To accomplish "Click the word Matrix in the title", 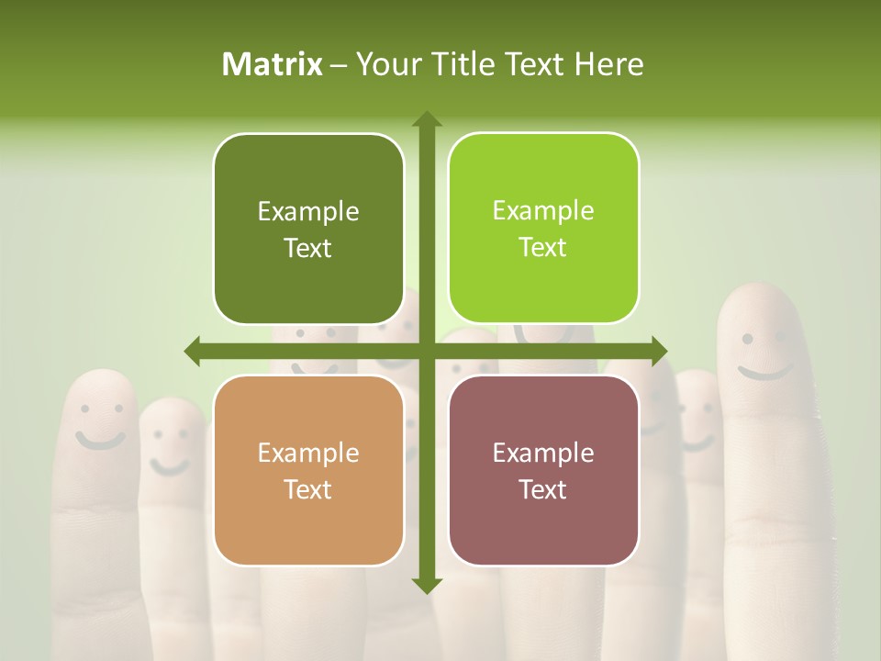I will [x=273, y=64].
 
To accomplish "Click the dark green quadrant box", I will [x=308, y=229].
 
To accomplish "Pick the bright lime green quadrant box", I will [x=543, y=229].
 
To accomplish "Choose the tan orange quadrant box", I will [x=308, y=470].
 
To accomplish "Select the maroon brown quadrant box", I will [x=543, y=470].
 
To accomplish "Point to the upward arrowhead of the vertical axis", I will [x=426, y=118].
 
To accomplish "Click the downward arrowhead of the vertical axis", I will [x=426, y=585].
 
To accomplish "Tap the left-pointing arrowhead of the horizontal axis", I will [x=192, y=351].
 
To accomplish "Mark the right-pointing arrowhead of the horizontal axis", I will [x=660, y=351].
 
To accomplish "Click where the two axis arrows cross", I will [x=426, y=351].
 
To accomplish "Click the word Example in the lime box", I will [x=543, y=211].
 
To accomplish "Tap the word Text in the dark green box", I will [x=308, y=248].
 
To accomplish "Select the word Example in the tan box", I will [x=308, y=453].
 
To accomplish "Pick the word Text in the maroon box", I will [x=543, y=489].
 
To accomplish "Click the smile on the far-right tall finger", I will [x=765, y=372].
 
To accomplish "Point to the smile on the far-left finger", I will [x=99, y=440].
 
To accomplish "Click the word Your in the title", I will [x=385, y=64].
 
